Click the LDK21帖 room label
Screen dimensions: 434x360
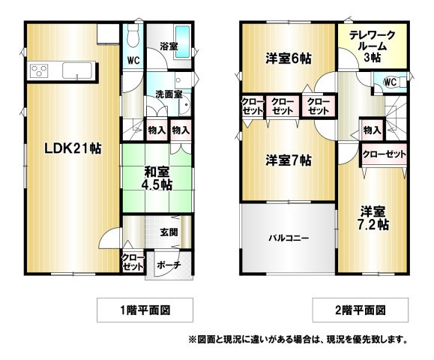click(73, 149)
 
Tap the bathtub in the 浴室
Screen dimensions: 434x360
click(183, 41)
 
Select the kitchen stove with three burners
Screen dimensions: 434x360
click(39, 71)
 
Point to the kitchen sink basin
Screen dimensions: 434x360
click(77, 70)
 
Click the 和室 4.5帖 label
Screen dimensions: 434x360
click(157, 178)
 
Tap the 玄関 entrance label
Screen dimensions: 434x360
click(169, 232)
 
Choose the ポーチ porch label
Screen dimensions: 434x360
click(169, 265)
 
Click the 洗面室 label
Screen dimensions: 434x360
click(169, 94)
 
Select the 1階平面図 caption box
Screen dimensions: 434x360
click(145, 310)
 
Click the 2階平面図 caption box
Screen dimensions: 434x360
click(361, 310)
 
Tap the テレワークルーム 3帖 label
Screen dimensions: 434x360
click(373, 46)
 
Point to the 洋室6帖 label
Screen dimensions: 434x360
click(289, 58)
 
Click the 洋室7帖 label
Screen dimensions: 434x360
click(289, 160)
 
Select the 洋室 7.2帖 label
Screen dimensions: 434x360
click(373, 218)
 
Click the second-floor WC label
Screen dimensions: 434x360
click(390, 82)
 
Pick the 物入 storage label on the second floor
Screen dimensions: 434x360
click(372, 130)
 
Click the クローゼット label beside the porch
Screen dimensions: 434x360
click(133, 262)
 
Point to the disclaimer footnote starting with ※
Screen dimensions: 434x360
click(298, 339)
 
